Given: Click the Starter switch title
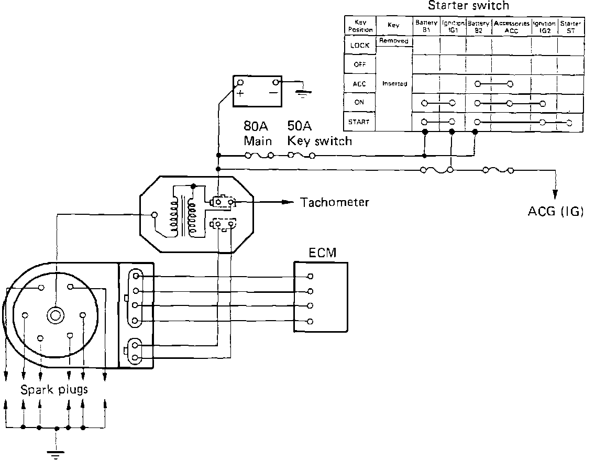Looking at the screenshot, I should tap(468, 6).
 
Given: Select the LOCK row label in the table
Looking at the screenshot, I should tap(360, 46).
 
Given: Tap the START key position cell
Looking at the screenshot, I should tap(360, 122).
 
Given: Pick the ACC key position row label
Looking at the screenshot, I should tap(360, 84).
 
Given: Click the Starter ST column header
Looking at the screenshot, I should tap(569, 27).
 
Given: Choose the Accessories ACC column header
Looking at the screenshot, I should tap(511, 27).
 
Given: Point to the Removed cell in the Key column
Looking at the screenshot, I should tap(394, 41).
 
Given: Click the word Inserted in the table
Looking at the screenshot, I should tap(394, 84).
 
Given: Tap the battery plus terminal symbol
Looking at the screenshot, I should tap(240, 94).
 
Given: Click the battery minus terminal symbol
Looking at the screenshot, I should tap(273, 93).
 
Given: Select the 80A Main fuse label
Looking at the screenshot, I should tap(258, 134).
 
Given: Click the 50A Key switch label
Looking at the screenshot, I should tap(319, 134).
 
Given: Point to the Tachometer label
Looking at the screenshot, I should tap(335, 202).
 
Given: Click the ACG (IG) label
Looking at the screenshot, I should tap(555, 212).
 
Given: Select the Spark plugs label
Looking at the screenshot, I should tap(54, 390).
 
